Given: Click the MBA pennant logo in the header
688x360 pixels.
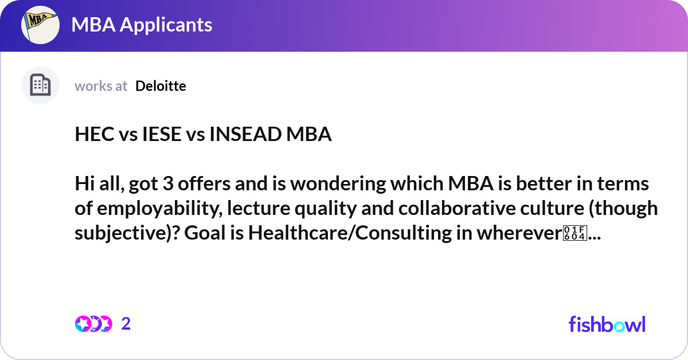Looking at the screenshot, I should (41, 25).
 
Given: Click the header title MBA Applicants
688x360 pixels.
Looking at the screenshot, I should (142, 25).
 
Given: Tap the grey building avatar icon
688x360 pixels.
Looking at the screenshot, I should (40, 85).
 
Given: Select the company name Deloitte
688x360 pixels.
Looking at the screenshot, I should (161, 86).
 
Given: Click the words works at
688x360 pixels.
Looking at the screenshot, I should (101, 86).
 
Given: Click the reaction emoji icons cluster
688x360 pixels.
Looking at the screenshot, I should (93, 324).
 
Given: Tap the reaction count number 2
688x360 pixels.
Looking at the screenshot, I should (126, 324).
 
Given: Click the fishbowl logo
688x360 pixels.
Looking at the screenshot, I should (607, 324).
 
